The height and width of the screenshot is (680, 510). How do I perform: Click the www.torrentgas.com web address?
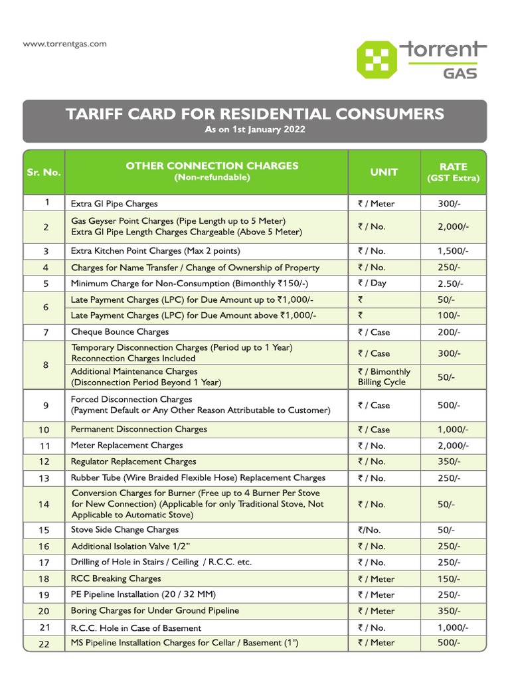click(64, 44)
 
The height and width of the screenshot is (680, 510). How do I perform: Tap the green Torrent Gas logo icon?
click(378, 59)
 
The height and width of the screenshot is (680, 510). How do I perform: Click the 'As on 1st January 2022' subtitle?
click(255, 129)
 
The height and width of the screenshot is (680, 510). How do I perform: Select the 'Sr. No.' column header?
click(44, 172)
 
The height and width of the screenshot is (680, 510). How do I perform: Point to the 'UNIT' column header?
click(384, 172)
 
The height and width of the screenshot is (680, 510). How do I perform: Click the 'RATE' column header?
click(454, 167)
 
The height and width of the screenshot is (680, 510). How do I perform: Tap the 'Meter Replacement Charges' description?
click(127, 446)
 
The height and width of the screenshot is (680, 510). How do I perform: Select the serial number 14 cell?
click(44, 505)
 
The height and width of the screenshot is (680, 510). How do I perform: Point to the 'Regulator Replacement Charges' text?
click(133, 462)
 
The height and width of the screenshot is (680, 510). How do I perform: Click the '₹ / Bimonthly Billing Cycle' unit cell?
click(384, 377)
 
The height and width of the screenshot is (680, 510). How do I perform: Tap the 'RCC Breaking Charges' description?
click(116, 578)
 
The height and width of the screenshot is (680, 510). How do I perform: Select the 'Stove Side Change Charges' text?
click(125, 530)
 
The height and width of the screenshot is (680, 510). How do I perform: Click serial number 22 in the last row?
click(44, 643)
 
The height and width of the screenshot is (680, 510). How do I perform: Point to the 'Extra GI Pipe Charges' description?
click(114, 204)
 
